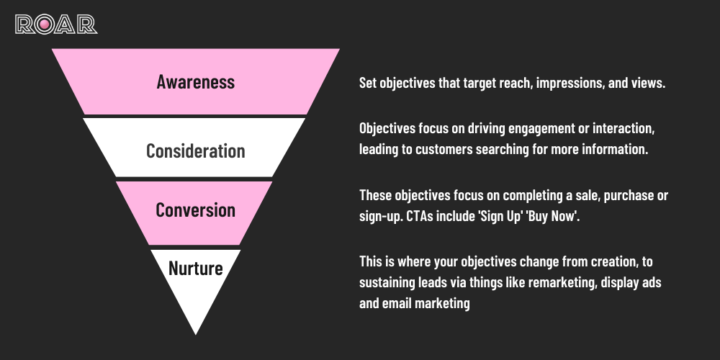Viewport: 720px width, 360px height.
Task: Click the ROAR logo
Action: coord(56,24)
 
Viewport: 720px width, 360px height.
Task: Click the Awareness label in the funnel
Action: coord(196,81)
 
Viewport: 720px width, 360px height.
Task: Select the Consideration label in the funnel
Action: coord(196,150)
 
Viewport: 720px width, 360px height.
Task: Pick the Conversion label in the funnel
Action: coord(196,210)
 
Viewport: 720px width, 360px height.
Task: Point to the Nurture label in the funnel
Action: coord(196,269)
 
